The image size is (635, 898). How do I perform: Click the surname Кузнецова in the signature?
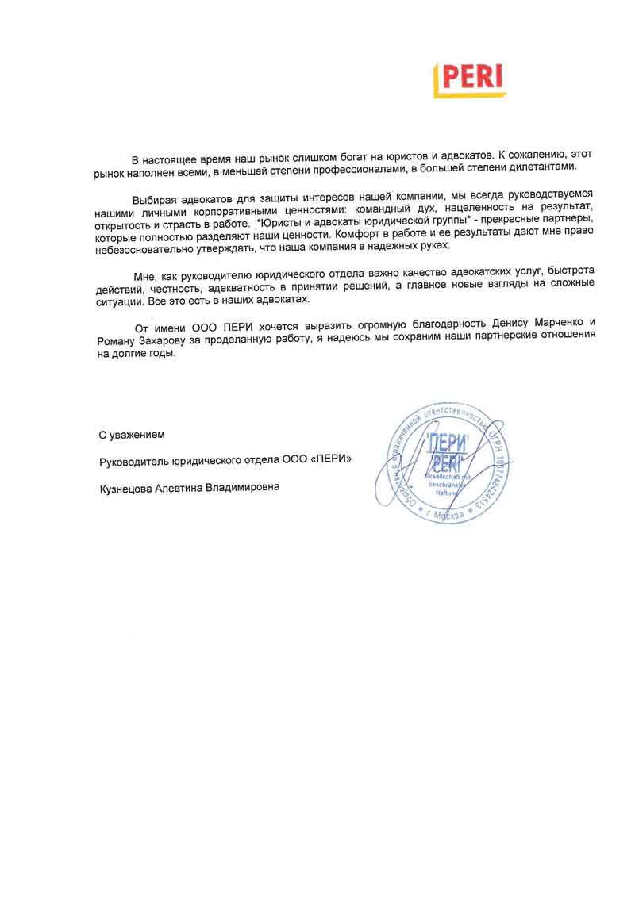point(129,488)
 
